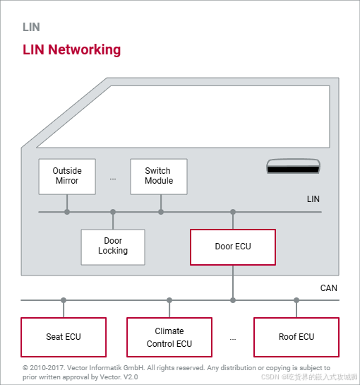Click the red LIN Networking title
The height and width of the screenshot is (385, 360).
point(71,50)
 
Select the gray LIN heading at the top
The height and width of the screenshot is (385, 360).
point(31,28)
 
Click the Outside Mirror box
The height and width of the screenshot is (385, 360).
point(67,176)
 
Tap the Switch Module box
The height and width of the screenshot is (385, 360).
point(159,176)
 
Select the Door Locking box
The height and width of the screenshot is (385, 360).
point(113,246)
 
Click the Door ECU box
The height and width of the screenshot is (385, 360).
point(233,247)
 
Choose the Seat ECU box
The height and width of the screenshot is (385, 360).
point(64,337)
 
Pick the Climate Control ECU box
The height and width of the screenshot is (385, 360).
point(169,337)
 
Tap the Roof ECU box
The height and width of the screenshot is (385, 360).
point(296,337)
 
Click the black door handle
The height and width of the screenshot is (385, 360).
point(294,168)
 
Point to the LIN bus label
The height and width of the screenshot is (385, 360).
point(313,199)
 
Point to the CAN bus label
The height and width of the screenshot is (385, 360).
point(329,288)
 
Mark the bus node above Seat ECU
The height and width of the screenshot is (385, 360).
point(64,300)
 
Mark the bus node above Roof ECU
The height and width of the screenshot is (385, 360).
point(296,300)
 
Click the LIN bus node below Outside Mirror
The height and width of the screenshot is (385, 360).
point(67,211)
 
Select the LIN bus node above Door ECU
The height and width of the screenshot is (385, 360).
point(233,211)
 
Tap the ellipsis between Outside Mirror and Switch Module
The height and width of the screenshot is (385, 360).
point(113,178)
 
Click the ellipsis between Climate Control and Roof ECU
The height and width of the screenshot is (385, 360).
point(233,339)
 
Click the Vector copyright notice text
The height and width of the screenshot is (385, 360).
point(176,372)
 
